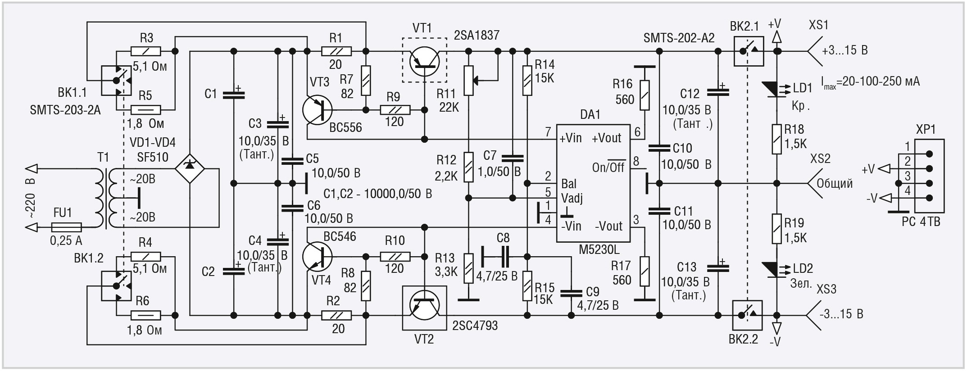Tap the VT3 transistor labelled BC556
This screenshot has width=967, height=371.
click(x=318, y=110)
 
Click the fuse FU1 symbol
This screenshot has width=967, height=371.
click(x=67, y=227)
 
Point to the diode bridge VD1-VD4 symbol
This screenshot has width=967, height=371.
click(x=190, y=169)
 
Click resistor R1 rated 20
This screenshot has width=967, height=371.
click(x=336, y=51)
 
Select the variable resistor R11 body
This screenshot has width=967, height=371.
click(x=469, y=81)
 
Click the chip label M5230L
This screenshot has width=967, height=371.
click(x=599, y=249)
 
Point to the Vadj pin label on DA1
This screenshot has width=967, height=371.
click(x=572, y=198)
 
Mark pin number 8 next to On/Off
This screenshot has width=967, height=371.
click(x=636, y=161)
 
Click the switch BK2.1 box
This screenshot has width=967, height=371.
click(x=748, y=51)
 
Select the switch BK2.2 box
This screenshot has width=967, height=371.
click(x=748, y=315)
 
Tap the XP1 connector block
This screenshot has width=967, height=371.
click(x=929, y=176)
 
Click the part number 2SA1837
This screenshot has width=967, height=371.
click(x=477, y=35)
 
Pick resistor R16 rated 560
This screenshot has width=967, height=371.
click(x=645, y=95)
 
